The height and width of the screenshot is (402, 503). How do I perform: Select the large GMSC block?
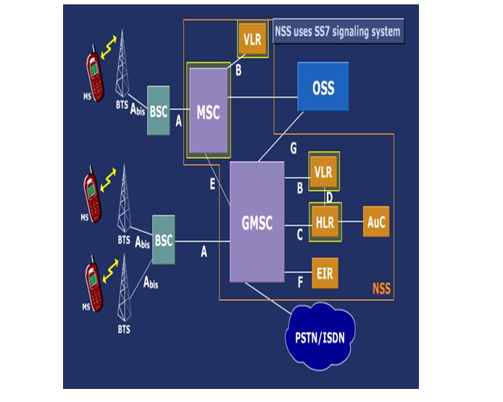(x=257, y=221)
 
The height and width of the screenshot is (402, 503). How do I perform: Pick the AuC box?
(x=375, y=222)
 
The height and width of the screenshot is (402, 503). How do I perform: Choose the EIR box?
(x=324, y=273)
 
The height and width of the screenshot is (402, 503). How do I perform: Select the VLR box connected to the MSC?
(x=252, y=40)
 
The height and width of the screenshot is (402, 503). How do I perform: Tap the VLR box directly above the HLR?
(x=323, y=172)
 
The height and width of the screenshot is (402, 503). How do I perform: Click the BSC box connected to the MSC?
(x=158, y=111)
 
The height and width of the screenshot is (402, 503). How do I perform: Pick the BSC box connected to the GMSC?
(x=164, y=239)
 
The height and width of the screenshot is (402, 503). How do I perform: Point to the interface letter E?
(x=212, y=184)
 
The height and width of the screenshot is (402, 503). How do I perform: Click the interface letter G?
(x=293, y=148)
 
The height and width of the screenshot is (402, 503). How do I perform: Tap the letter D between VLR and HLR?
(x=329, y=197)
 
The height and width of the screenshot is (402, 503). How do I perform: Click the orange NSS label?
(x=381, y=289)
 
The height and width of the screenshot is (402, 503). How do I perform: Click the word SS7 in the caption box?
(x=327, y=32)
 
